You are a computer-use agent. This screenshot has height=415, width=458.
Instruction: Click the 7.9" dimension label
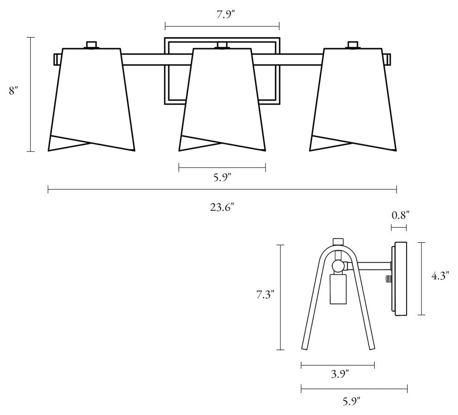pos(222,14)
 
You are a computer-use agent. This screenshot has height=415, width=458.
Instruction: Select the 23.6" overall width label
pos(222,207)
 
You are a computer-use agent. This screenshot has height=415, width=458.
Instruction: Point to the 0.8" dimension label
pos(400,215)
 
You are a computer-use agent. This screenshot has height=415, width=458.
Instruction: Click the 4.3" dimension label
pos(440,277)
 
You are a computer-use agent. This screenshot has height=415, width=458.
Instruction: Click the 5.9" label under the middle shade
pos(223,177)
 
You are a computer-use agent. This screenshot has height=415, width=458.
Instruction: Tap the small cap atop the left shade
pos(92,45)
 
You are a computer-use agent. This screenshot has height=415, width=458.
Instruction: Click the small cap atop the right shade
pos(353,45)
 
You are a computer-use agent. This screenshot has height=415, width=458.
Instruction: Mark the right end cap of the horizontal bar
pos(389,59)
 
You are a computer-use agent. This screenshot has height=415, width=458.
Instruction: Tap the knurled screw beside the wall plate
pos(387,279)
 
